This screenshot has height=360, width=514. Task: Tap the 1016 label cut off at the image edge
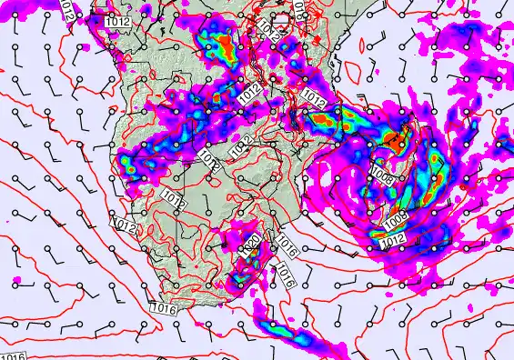pyautogui.click(x=13, y=355)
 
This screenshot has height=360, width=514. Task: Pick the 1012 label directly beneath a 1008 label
pyautogui.click(x=392, y=238)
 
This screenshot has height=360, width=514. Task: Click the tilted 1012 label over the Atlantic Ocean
pyautogui.click(x=67, y=11)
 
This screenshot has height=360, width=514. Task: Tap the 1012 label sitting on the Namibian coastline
pyautogui.click(x=126, y=225)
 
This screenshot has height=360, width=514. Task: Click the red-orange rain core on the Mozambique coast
pyautogui.click(x=320, y=119)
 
